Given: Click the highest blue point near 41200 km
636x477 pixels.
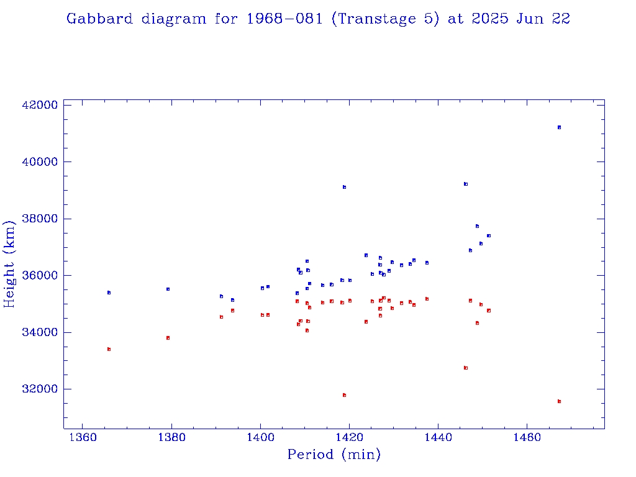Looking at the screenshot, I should coord(559,127).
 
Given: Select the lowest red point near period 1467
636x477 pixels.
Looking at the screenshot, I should coord(559,401).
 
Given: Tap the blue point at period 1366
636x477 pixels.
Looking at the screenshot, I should coord(109,293).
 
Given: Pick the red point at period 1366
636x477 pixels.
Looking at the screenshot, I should coord(109,349).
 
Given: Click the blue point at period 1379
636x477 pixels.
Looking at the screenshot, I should coord(168,289).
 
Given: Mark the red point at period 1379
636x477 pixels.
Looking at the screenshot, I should coord(168,338).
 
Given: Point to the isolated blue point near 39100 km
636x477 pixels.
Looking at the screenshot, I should coord(344,187).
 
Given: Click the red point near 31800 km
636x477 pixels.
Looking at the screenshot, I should coord(344,395).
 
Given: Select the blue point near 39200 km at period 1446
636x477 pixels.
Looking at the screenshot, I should coord(465,184).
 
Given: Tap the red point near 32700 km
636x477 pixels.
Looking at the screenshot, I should coord(465,368).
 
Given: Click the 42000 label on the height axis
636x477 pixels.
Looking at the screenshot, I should coord(39,105).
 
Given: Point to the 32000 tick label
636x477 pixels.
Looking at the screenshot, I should coord(39,389).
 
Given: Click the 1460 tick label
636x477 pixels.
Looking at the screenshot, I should coord(527,436).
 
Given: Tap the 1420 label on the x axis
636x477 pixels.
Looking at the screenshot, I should coord(349,436).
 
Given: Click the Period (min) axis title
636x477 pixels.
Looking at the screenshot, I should coord(334,455).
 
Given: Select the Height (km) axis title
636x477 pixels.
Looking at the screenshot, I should coord(9,263).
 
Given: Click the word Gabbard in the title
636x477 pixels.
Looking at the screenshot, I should coord(99,19).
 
